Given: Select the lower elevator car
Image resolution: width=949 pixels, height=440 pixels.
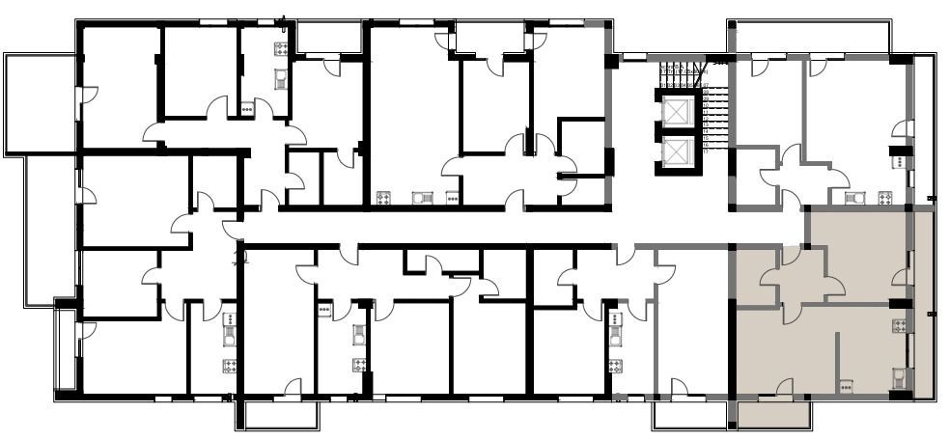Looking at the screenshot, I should point(678,151).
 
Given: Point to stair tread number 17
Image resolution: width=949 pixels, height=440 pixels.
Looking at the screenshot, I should point(707,151).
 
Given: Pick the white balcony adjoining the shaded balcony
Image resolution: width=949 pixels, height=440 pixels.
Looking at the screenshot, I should point(688,415).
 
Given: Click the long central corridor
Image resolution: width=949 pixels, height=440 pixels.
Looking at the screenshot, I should point(521,228).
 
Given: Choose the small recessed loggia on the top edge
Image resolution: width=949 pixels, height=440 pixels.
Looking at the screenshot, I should point(328,37).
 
